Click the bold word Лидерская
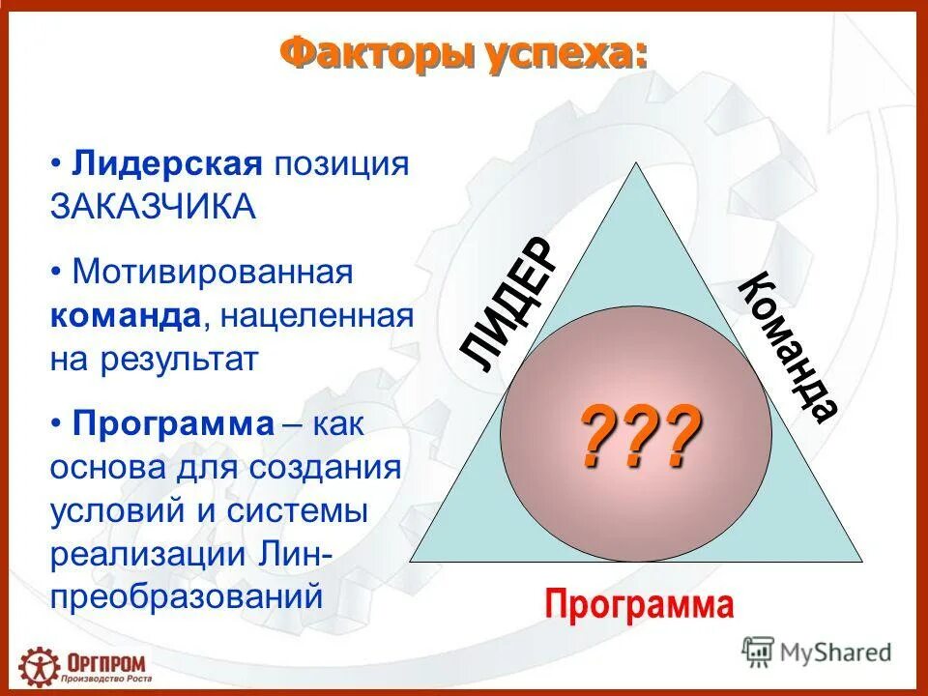point(167,162)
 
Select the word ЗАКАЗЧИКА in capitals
point(154,207)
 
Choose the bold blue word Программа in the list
point(174,423)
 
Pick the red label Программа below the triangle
point(639,606)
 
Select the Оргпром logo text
point(106,660)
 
